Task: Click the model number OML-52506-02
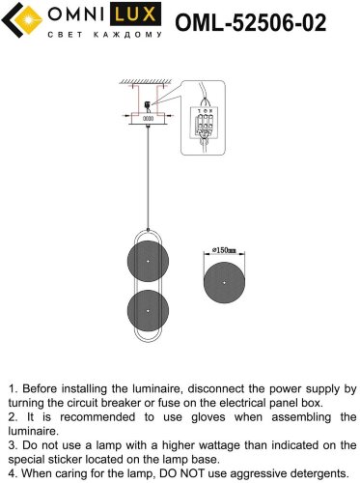[251, 22]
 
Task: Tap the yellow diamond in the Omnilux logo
[29, 20]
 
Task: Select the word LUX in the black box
[135, 14]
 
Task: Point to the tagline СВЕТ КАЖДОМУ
[105, 35]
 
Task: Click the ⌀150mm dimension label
[224, 250]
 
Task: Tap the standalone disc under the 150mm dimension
[224, 282]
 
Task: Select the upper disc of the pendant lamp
[148, 261]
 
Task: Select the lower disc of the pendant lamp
[148, 311]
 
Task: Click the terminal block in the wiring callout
[205, 124]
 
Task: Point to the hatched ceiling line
[146, 82]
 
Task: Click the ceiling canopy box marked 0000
[148, 118]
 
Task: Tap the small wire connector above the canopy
[148, 104]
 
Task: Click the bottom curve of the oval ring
[148, 341]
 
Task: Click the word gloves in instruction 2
[208, 417]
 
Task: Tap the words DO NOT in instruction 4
[181, 473]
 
